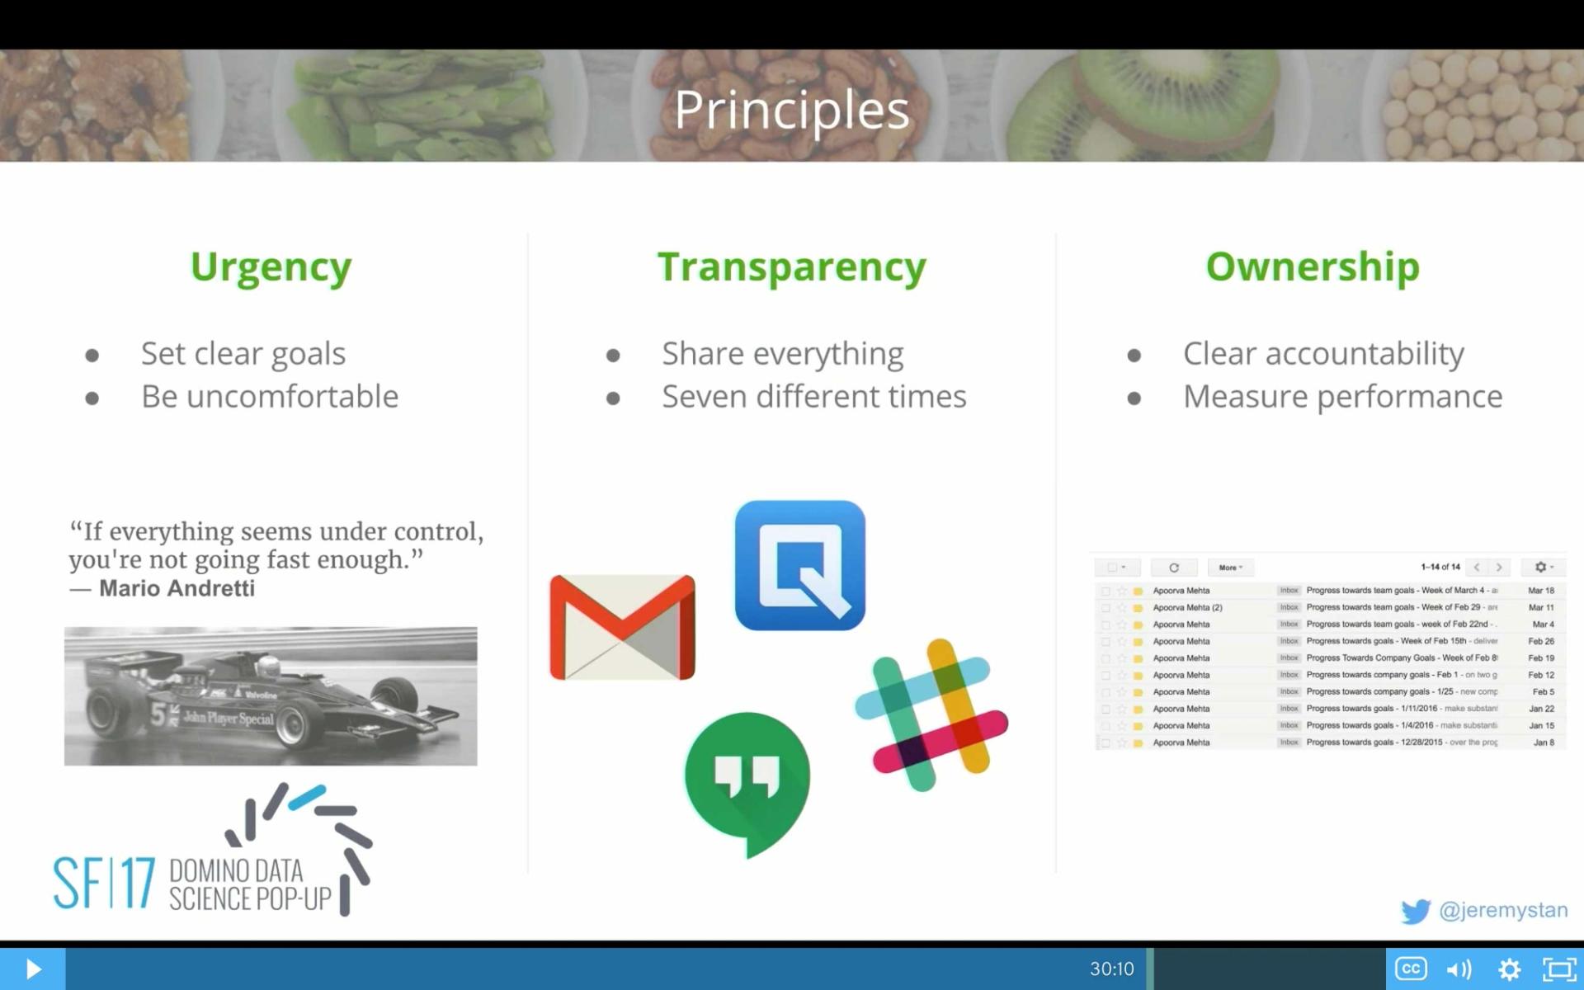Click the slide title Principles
[791, 110]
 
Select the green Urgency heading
[271, 267]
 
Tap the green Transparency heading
[791, 267]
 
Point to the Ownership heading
[1312, 267]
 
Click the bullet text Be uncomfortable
[269, 397]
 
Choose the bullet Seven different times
[813, 397]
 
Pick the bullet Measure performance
[1342, 397]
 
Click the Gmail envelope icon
[622, 627]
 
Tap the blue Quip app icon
[799, 565]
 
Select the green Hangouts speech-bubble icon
[747, 780]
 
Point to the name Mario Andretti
[177, 588]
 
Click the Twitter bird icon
[1415, 911]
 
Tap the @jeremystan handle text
[1502, 910]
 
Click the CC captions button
[1410, 969]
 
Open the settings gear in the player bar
[1509, 969]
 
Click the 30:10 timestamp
[1111, 969]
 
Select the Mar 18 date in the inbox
[1540, 591]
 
